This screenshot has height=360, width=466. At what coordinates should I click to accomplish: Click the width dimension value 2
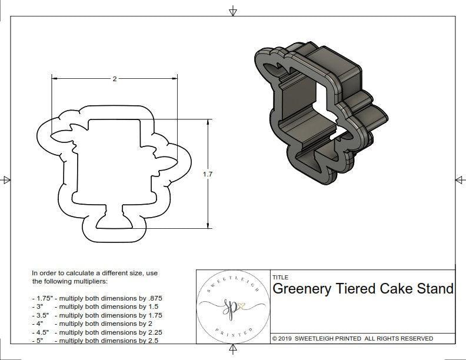(114, 78)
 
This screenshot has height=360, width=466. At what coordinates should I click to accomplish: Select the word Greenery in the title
(301, 289)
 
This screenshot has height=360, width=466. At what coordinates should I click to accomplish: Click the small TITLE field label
(280, 278)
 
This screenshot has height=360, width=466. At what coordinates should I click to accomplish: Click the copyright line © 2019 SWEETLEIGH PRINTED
(352, 338)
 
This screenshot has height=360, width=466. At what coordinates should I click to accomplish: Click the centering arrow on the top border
(233, 11)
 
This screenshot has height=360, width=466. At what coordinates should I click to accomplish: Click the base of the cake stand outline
(114, 222)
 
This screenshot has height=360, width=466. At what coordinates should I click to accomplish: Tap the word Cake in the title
(401, 289)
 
